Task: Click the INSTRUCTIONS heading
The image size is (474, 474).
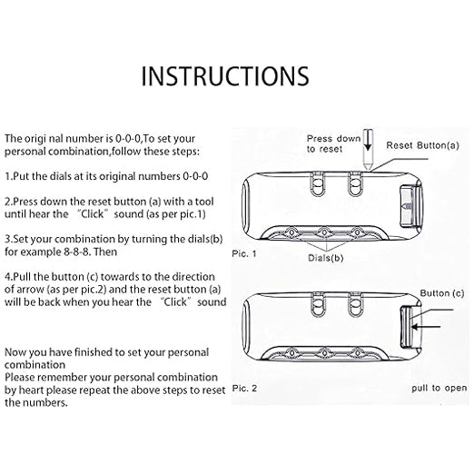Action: pyautogui.click(x=225, y=76)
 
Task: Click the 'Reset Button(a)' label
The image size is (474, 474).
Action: pyautogui.click(x=422, y=145)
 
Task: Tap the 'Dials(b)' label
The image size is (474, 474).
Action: pyautogui.click(x=326, y=258)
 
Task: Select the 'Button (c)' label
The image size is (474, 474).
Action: pyautogui.click(x=442, y=293)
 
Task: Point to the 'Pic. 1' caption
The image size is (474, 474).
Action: pyautogui.click(x=244, y=253)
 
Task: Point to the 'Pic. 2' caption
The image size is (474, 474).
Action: pyautogui.click(x=244, y=388)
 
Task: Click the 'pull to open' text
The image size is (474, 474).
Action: pyautogui.click(x=439, y=388)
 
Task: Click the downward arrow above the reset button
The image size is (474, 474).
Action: pyautogui.click(x=368, y=141)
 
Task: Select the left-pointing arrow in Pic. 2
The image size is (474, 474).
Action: pyautogui.click(x=426, y=327)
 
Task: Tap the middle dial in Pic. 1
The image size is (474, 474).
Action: pyautogui.click(x=324, y=232)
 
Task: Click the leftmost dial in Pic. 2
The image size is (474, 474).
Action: pyautogui.click(x=291, y=352)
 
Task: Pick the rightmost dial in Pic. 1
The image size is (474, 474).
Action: pyautogui.click(x=357, y=232)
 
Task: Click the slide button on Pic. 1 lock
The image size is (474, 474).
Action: pyautogui.click(x=410, y=206)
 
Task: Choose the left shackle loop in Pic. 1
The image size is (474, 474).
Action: pyautogui.click(x=318, y=183)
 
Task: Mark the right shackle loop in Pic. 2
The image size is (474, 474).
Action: pyautogui.click(x=355, y=304)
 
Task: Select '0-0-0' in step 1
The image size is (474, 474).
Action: pyautogui.click(x=195, y=176)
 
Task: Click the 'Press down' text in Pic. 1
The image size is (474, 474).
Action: pyautogui.click(x=333, y=139)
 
